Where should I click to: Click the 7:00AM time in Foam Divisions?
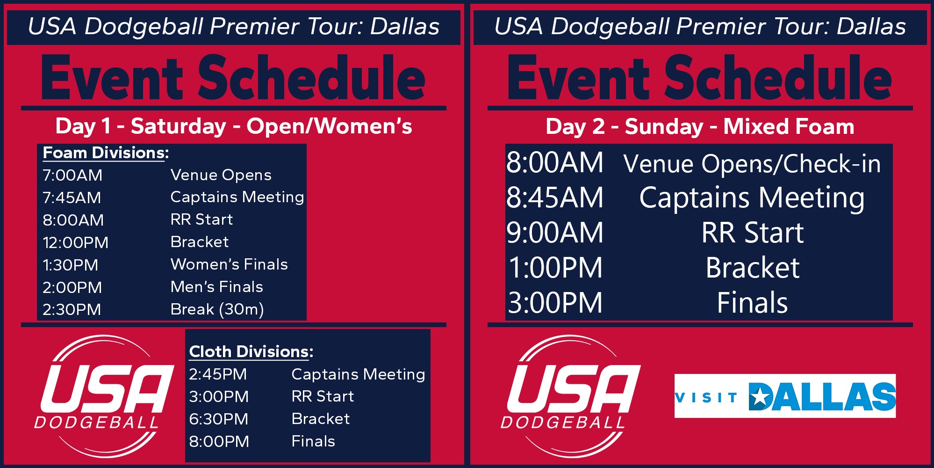click(72, 175)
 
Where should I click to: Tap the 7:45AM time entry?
click(72, 197)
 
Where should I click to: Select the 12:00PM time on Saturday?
click(75, 242)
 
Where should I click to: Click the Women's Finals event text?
click(229, 264)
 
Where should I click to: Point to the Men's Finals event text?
click(217, 287)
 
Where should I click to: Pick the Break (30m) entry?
click(217, 309)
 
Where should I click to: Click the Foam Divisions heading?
click(106, 153)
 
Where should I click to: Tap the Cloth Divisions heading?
click(251, 352)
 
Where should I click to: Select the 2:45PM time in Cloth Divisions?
click(218, 374)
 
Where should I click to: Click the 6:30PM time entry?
click(218, 419)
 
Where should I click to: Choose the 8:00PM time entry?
click(219, 441)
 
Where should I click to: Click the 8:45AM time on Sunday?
click(555, 197)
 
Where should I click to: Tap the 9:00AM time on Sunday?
click(555, 233)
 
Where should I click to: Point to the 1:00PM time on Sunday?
click(555, 268)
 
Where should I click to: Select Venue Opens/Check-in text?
click(752, 164)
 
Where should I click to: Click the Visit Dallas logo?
click(785, 396)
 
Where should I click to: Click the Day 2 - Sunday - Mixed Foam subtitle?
click(700, 126)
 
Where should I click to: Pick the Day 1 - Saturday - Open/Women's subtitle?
click(234, 126)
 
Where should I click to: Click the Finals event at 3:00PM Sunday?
click(752, 302)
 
